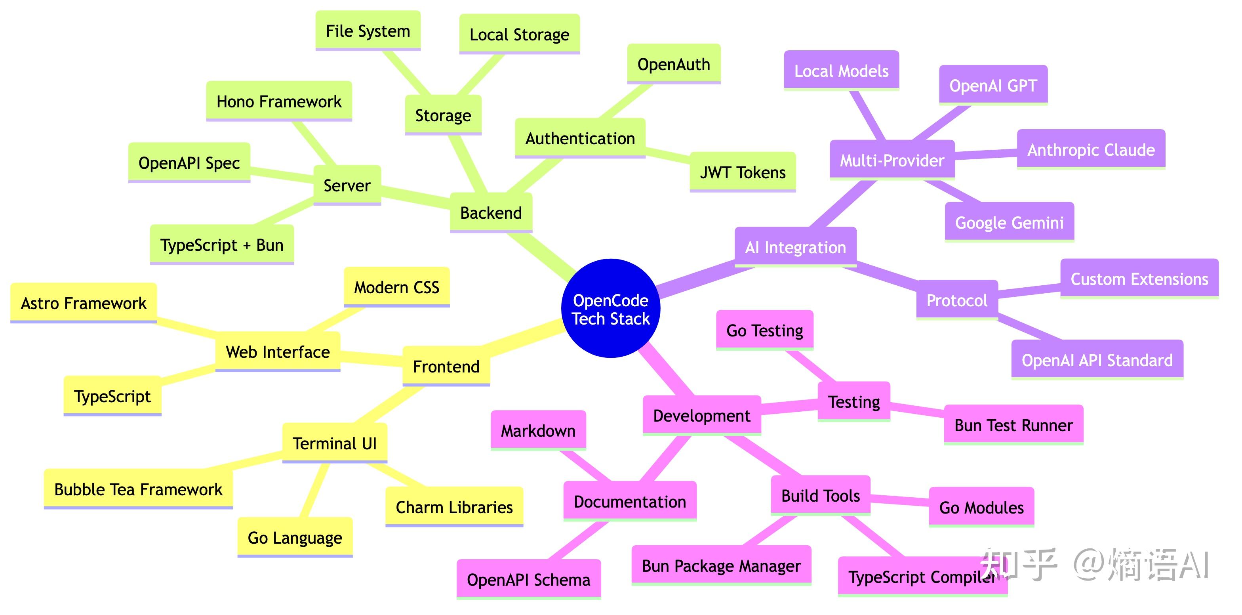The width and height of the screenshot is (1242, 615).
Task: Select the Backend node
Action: pos(491,213)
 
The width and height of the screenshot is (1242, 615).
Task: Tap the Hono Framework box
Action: pos(279,101)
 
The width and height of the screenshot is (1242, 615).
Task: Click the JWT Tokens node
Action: pos(743,172)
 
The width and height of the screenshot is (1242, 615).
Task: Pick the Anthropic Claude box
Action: pos(1091,149)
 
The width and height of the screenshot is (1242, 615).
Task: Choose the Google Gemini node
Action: pos(1009,222)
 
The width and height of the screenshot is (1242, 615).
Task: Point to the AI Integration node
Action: pos(796,247)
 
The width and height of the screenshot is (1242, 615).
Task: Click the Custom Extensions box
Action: pos(1139,279)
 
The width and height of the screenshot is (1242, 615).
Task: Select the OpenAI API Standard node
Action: pos(1097,360)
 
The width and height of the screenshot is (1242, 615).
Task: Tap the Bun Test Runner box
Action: pos(1013,425)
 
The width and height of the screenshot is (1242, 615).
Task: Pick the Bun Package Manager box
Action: pos(721,565)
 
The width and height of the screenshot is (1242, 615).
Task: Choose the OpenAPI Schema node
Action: pos(528,579)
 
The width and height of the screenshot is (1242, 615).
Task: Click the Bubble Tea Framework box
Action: pos(138,489)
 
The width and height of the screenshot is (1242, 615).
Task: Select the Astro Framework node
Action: pos(84,303)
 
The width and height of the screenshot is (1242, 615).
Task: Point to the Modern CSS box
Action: pos(397,287)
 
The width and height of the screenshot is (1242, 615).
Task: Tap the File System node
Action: pos(368,31)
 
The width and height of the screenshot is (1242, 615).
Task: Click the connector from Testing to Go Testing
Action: pos(810,366)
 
